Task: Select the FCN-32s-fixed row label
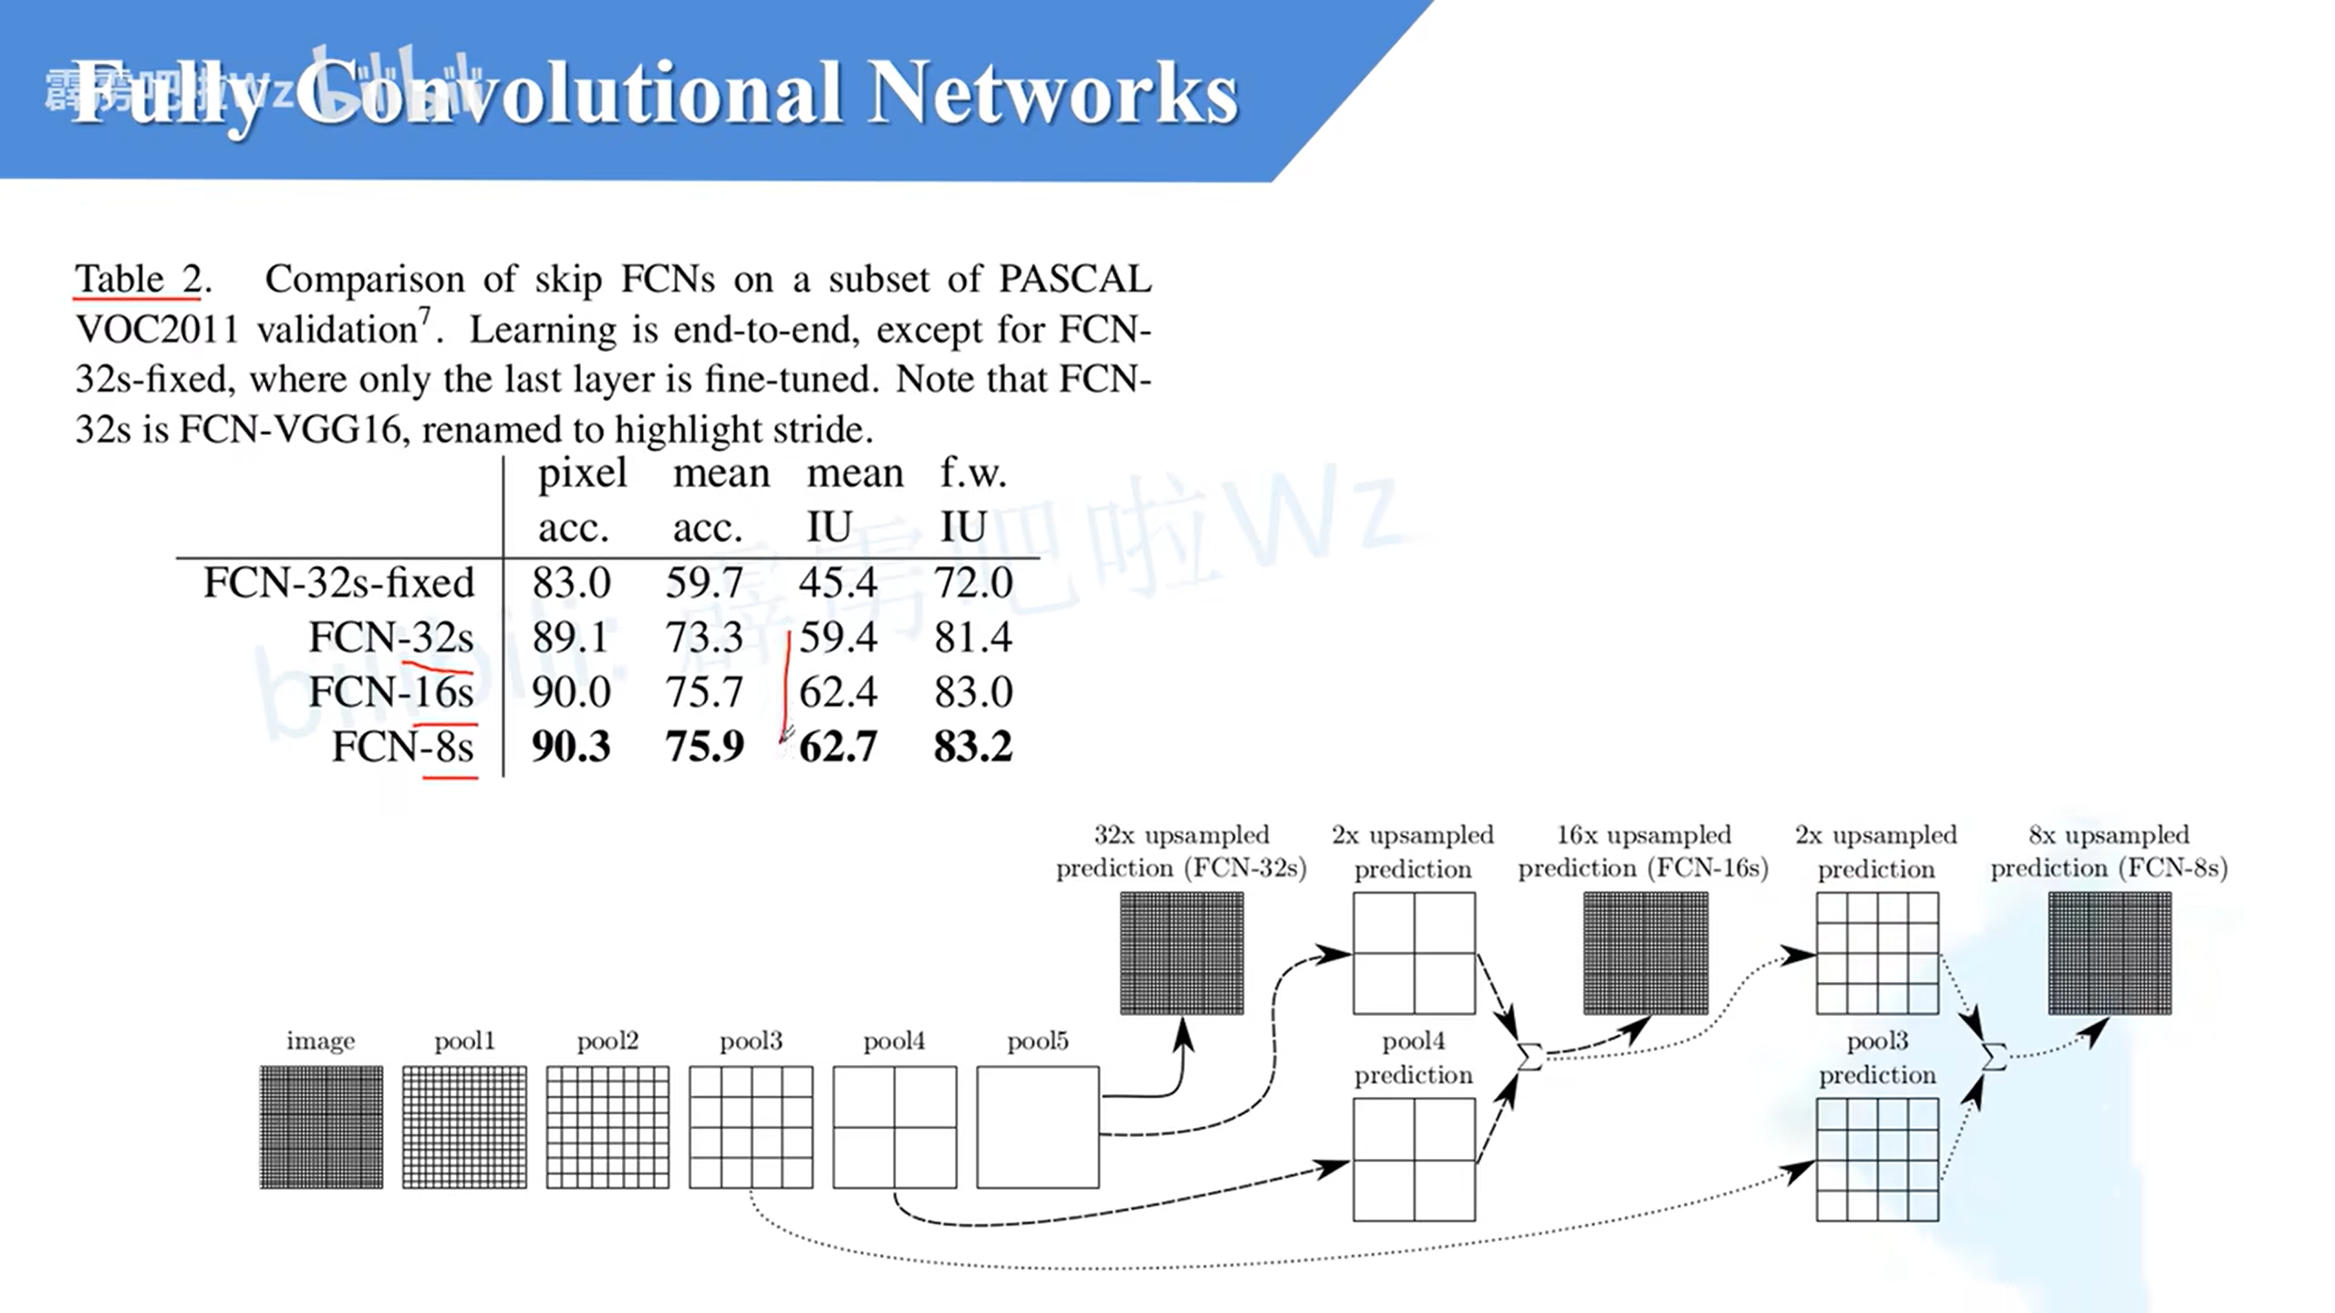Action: coord(338,583)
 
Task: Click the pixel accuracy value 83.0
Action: coord(571,583)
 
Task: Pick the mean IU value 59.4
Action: coord(838,637)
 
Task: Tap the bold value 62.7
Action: coord(838,747)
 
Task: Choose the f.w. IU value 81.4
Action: coord(972,637)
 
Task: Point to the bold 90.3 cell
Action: coord(571,747)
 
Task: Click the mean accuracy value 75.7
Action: coord(704,692)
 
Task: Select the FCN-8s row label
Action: coord(402,747)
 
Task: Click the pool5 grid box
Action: coord(1037,1127)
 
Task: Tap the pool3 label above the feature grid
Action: coord(751,1041)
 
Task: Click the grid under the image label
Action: coord(321,1127)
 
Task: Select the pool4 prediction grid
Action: coord(1414,1159)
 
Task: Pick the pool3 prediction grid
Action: coord(1877,1159)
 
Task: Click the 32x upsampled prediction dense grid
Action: coord(1181,953)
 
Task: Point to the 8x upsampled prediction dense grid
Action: coord(2110,953)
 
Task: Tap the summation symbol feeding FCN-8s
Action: coord(1994,1057)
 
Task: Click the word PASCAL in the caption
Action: coord(1074,279)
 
